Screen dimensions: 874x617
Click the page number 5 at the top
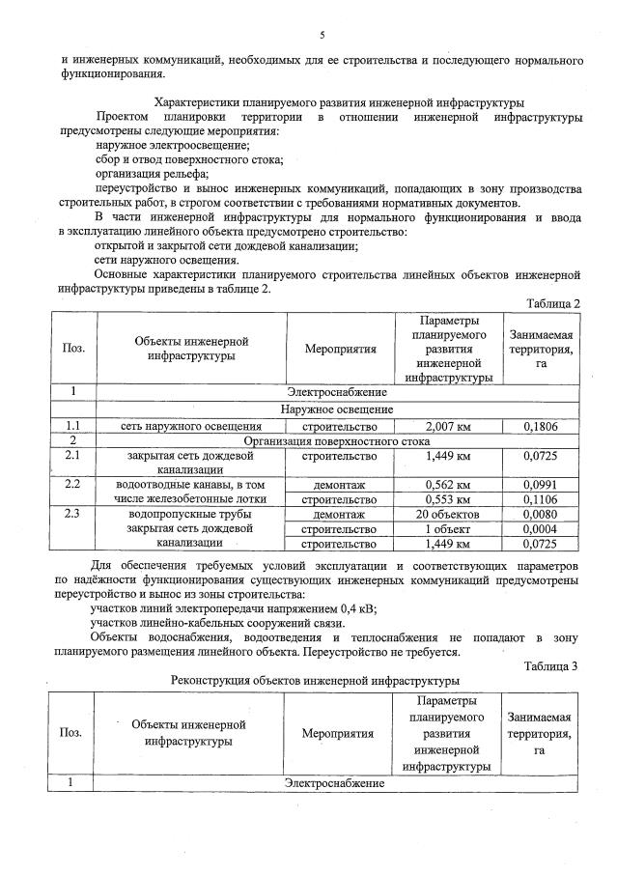pos(322,36)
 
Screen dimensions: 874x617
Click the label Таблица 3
pos(550,666)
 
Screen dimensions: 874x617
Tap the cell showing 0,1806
pos(542,424)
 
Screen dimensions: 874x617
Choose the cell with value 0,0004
pos(542,529)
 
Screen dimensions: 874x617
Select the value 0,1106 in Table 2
pos(542,499)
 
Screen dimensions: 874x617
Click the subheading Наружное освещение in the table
pos(337,409)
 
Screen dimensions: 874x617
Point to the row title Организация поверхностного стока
pos(337,439)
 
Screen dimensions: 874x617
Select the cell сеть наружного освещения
pos(190,424)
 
